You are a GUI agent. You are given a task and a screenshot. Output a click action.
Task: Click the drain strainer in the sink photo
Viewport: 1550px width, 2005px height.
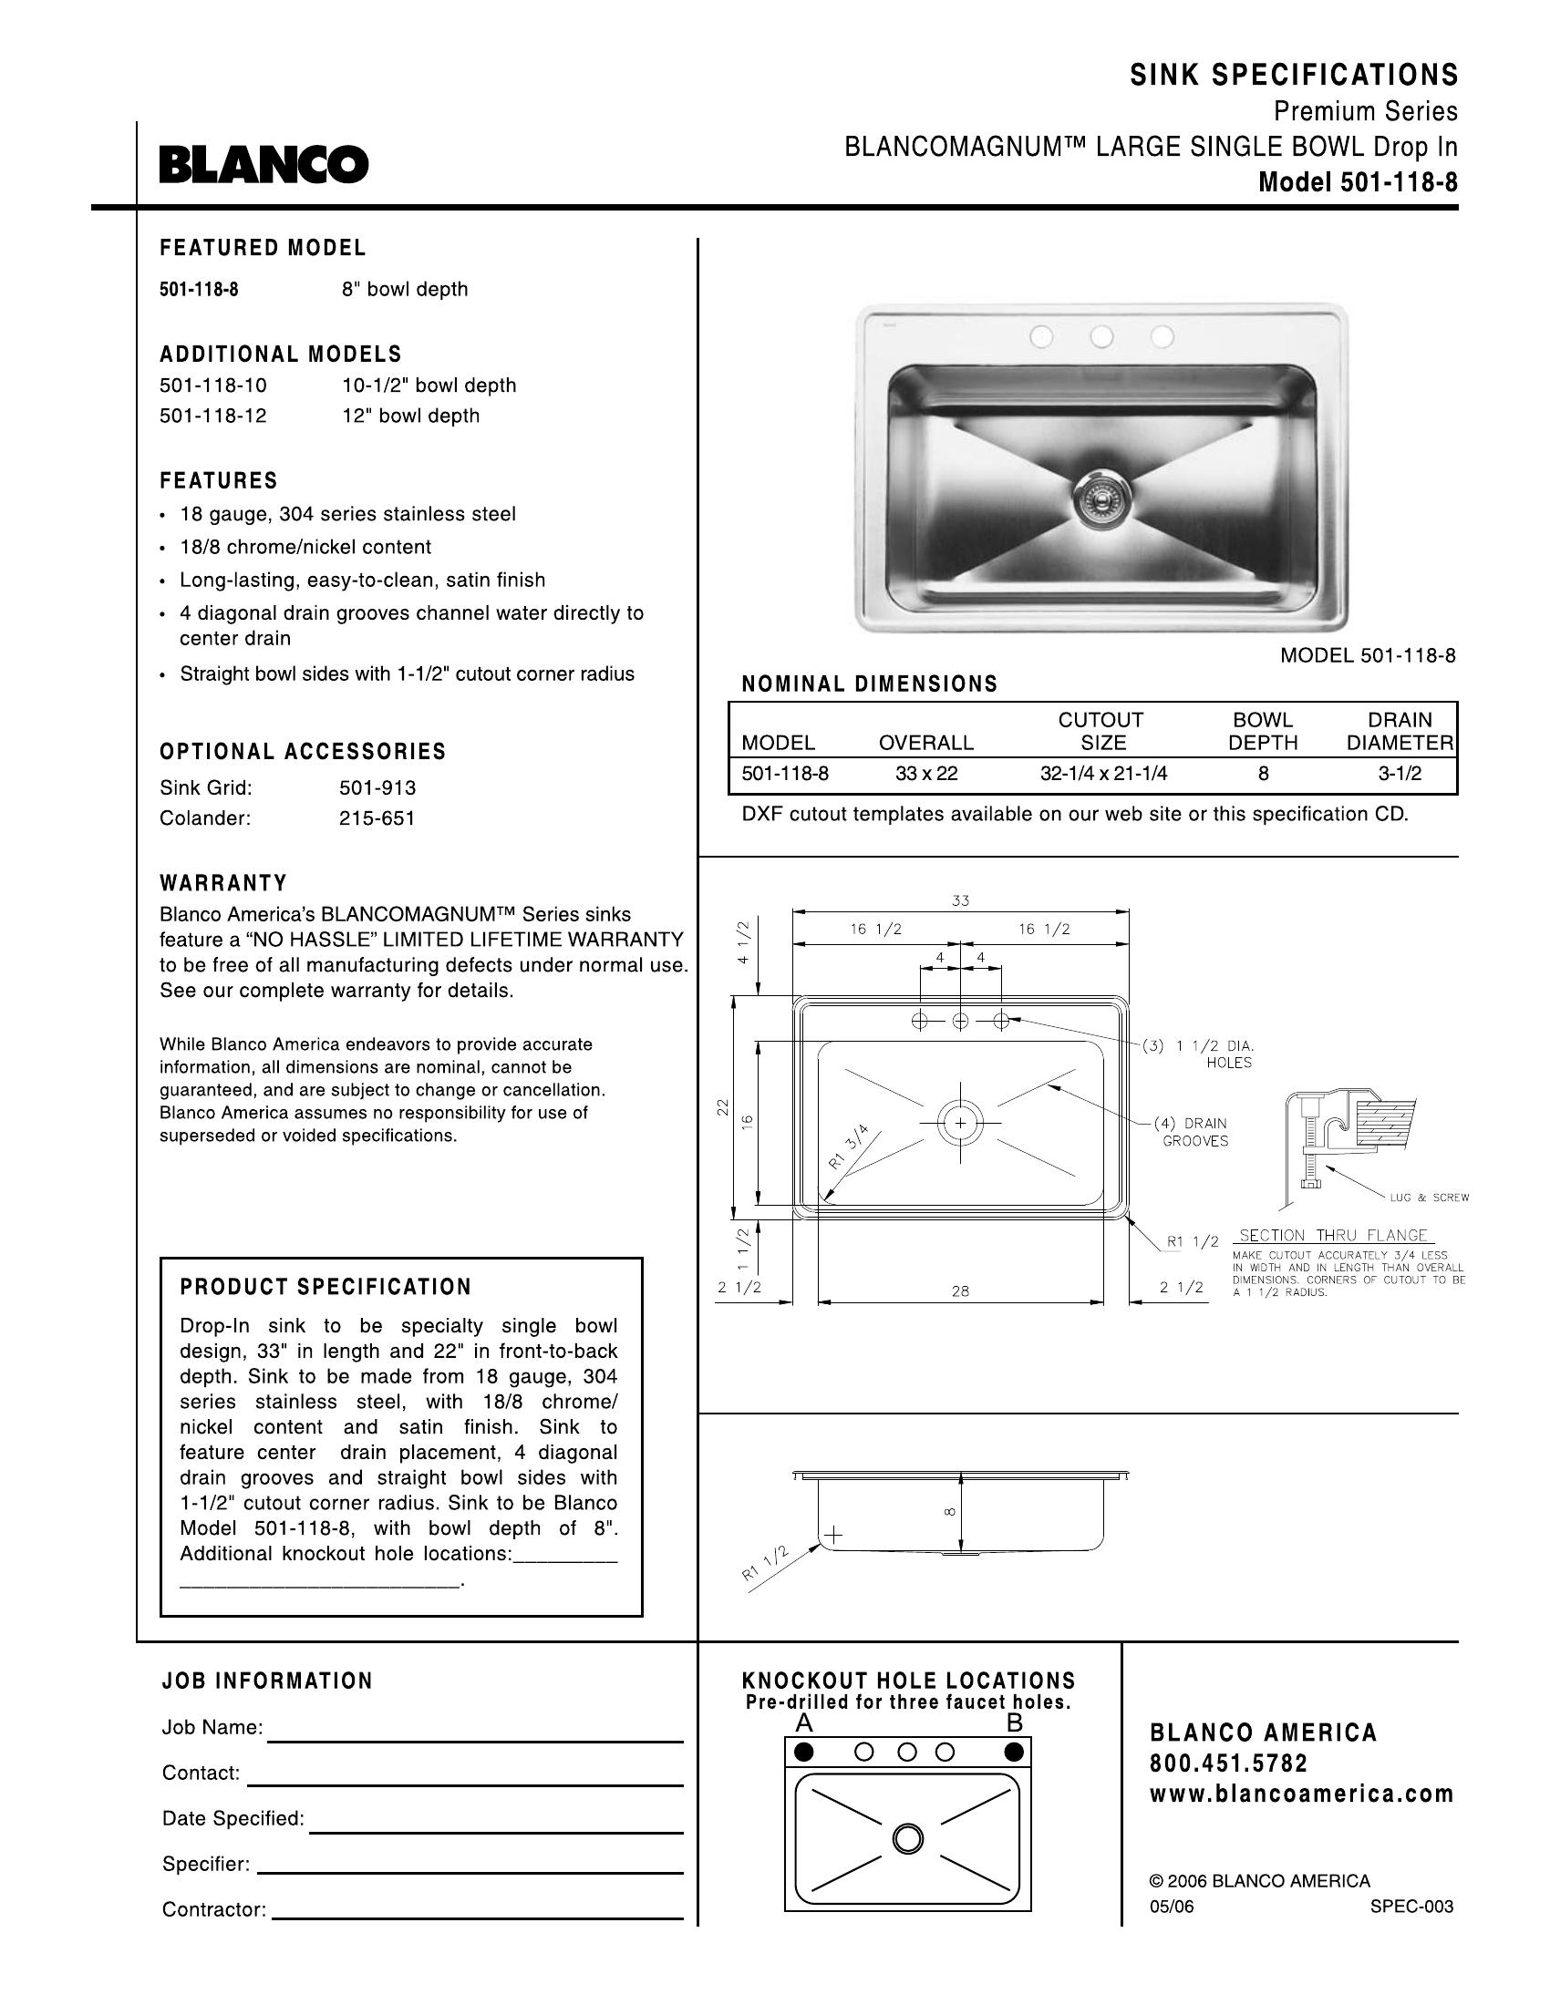[1100, 499]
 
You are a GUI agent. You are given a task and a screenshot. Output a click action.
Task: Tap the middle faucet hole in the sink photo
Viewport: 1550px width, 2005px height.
[1101, 337]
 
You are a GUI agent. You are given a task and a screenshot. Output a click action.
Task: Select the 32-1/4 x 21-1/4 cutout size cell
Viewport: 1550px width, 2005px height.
[1103, 773]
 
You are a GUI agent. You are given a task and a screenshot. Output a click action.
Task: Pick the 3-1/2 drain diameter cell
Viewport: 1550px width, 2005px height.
[1399, 773]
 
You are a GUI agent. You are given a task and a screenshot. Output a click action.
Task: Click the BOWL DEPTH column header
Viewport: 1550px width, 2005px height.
[1263, 731]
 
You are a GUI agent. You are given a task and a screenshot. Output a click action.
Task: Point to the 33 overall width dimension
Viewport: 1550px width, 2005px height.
[960, 900]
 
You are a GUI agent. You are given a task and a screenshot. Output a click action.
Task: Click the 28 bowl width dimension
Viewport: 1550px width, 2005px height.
[960, 1290]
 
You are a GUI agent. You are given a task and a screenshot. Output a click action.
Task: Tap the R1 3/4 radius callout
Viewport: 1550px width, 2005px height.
[848, 1147]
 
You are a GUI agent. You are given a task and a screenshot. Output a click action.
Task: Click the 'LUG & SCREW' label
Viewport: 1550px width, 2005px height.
[1429, 1198]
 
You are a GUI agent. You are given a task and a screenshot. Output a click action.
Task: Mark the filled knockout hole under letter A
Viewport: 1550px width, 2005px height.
[804, 1752]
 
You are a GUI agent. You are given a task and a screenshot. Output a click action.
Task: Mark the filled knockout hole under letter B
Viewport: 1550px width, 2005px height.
[1014, 1752]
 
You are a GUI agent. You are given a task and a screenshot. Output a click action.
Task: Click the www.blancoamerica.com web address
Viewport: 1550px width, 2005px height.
[1302, 1793]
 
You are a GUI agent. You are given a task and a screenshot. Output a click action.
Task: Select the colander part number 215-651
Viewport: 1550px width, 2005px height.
[377, 818]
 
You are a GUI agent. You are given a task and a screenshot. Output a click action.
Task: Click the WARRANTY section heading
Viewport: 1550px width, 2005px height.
[223, 883]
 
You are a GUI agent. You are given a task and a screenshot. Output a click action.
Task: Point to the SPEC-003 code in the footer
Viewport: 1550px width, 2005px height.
[1411, 1907]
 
